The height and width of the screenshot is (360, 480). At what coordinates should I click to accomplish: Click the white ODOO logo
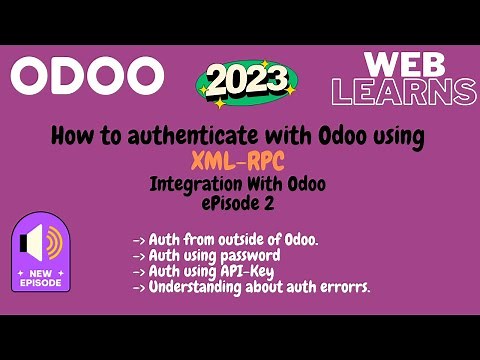click(87, 74)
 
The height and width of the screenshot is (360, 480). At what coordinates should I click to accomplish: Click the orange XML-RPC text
click(239, 161)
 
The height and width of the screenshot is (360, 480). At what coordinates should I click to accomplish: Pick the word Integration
click(196, 185)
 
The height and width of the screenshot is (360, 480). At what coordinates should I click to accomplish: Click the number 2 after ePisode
click(270, 204)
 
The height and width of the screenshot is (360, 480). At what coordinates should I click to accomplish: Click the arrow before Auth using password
click(138, 256)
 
